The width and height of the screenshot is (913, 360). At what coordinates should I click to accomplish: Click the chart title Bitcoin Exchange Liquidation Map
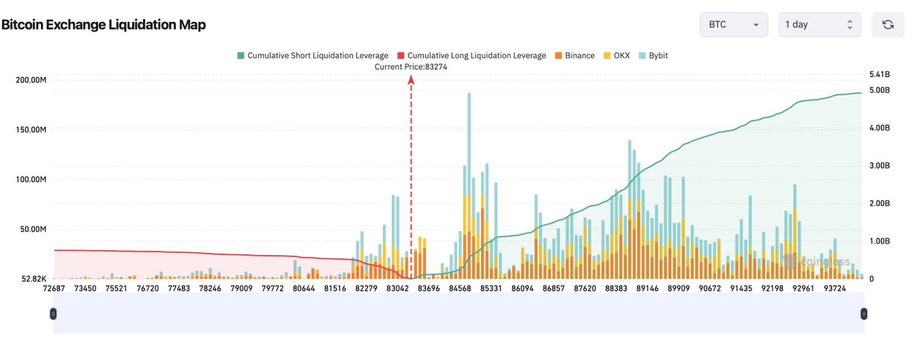pos(103,24)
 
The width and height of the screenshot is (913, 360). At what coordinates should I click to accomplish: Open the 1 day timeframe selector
pos(819,24)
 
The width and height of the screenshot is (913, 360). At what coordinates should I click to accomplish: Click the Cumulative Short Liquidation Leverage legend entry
pos(313,56)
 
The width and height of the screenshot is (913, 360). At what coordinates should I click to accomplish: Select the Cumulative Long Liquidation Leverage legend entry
pos(471,56)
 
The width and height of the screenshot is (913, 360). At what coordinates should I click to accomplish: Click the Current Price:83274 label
pos(411,67)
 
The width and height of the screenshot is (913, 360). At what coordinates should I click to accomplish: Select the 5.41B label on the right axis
pos(879,75)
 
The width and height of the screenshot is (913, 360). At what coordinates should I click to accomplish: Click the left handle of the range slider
pos(53,314)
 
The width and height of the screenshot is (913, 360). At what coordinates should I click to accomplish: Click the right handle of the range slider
pos(864,314)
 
